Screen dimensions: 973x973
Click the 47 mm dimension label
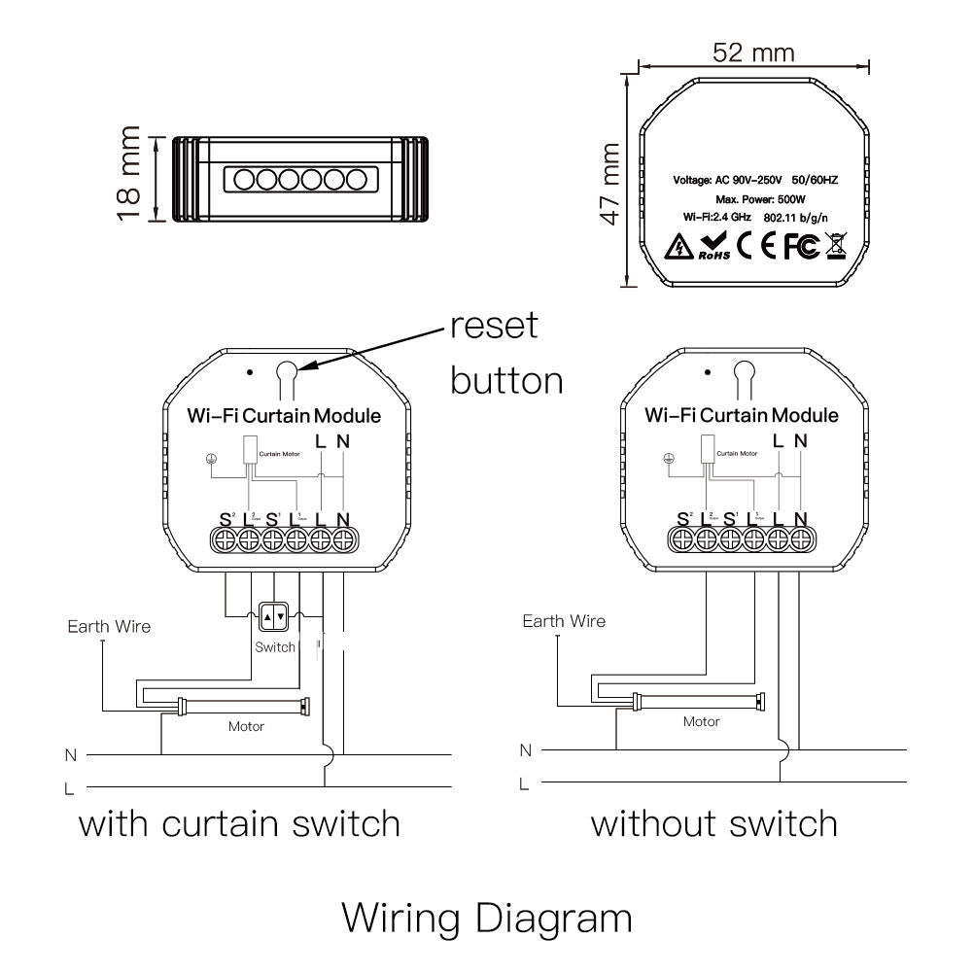coord(609,184)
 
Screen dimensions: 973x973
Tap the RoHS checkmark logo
coord(713,247)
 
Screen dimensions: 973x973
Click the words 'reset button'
coord(505,352)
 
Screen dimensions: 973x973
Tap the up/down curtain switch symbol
coord(274,616)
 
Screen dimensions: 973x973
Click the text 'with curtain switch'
coord(239,824)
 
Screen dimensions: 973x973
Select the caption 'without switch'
coord(714,824)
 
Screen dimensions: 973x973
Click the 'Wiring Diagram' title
coord(487,917)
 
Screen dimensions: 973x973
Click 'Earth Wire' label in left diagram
coord(109,627)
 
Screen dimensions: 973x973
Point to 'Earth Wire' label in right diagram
coord(564,621)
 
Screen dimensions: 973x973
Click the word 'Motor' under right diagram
coord(701,721)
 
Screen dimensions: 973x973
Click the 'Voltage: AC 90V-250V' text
coord(728,181)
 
